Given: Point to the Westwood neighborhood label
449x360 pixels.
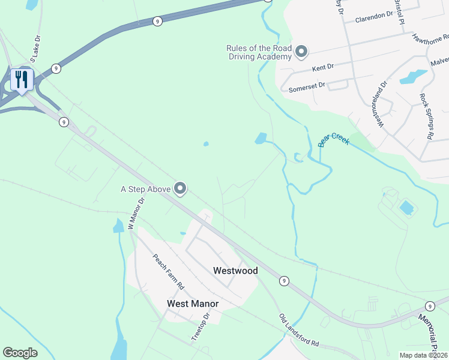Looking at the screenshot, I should pyautogui.click(x=235, y=271).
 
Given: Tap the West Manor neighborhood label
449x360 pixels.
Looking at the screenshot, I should pyautogui.click(x=192, y=304).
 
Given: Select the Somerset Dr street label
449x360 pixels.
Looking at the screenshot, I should pyautogui.click(x=307, y=86).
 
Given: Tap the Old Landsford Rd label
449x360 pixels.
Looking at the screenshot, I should pyautogui.click(x=298, y=330).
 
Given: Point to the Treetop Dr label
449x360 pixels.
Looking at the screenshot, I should pyautogui.click(x=200, y=326).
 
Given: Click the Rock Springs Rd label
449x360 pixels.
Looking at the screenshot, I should pyautogui.click(x=426, y=116).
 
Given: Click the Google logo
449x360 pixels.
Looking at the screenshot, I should pyautogui.click(x=20, y=353).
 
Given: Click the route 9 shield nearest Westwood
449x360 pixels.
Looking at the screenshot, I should pyautogui.click(x=284, y=280).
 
